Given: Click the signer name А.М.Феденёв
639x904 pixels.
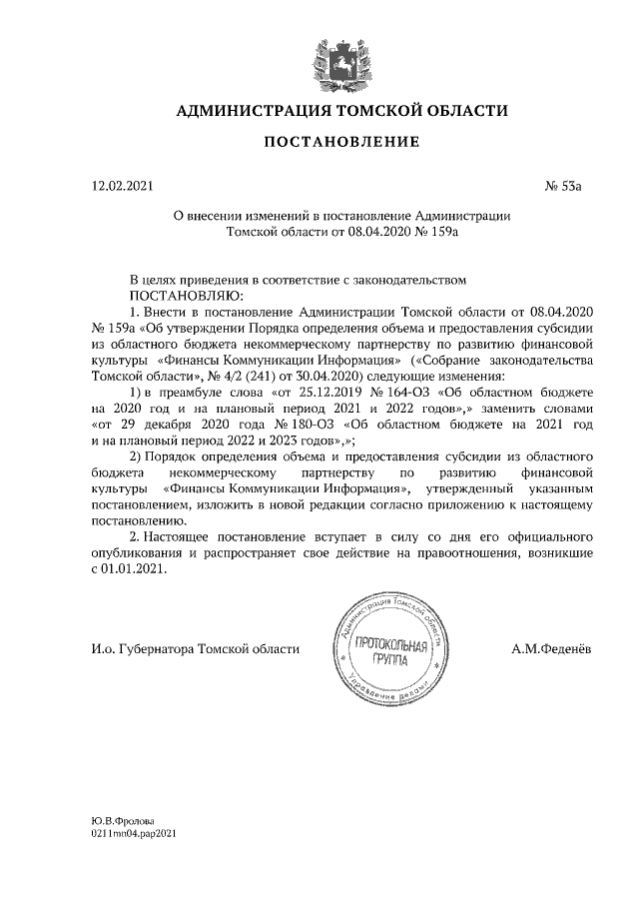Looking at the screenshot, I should tap(551, 649).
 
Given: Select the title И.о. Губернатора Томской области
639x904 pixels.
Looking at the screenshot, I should tap(194, 649).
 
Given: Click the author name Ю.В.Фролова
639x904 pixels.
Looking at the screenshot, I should tap(126, 820).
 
